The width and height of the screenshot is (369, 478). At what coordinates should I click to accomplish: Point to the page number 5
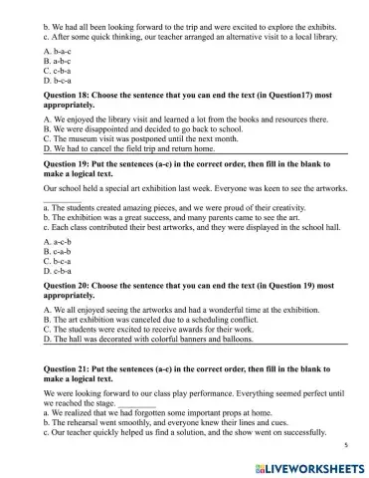(344, 448)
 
